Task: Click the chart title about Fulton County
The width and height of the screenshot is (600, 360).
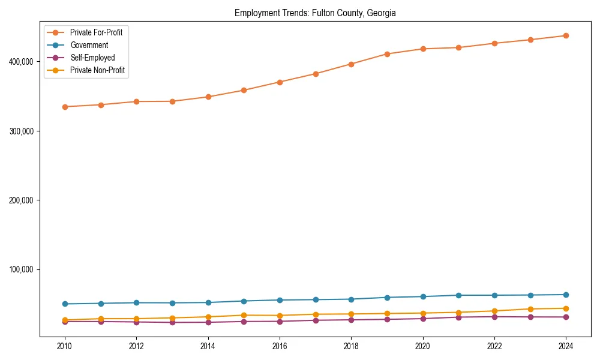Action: click(x=315, y=13)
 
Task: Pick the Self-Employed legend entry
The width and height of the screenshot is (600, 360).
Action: click(x=92, y=58)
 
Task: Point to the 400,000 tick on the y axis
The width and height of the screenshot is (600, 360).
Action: click(x=21, y=61)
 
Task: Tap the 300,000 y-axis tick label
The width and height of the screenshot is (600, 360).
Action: click(x=21, y=131)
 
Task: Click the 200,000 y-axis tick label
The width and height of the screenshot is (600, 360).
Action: click(x=21, y=200)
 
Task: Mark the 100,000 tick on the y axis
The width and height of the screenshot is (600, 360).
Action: click(x=21, y=269)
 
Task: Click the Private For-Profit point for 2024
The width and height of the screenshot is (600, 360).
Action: click(x=566, y=35)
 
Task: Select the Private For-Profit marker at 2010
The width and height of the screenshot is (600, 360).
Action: click(x=65, y=107)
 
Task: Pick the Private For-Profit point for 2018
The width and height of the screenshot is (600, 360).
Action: click(x=351, y=64)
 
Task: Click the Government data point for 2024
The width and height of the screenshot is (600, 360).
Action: click(x=566, y=295)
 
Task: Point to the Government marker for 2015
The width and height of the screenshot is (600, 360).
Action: click(x=244, y=301)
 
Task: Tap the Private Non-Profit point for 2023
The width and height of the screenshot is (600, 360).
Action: click(x=530, y=309)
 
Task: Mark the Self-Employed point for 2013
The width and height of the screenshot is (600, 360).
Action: click(x=172, y=322)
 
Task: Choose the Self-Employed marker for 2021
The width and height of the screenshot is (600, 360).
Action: click(x=458, y=317)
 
